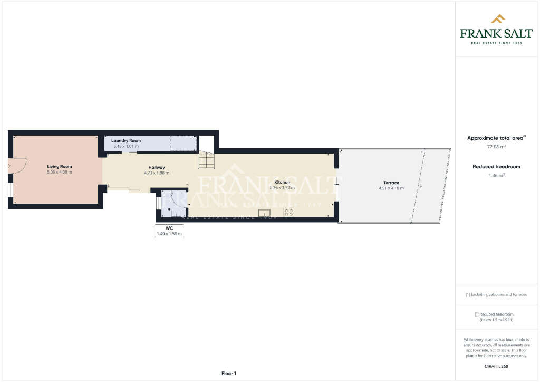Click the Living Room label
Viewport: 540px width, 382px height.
click(59, 166)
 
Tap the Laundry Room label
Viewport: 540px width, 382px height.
click(127, 140)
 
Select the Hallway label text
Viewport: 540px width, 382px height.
click(157, 167)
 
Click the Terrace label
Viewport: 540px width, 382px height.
click(391, 183)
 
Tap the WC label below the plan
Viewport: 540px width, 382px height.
click(169, 228)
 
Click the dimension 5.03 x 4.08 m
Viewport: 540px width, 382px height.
click(59, 172)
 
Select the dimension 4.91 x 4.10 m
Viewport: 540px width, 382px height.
click(391, 188)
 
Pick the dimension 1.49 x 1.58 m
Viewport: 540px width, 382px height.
click(169, 233)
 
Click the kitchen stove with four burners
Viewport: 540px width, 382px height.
click(289, 212)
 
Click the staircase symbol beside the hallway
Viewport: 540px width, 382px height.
click(206, 160)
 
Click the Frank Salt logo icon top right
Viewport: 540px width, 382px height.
click(498, 19)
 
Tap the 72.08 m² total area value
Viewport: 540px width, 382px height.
click(496, 147)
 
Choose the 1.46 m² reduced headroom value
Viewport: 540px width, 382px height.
click(496, 175)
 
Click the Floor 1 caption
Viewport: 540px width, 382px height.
click(228, 373)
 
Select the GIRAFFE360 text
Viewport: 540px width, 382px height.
click(496, 366)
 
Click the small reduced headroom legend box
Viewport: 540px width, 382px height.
click(477, 314)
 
